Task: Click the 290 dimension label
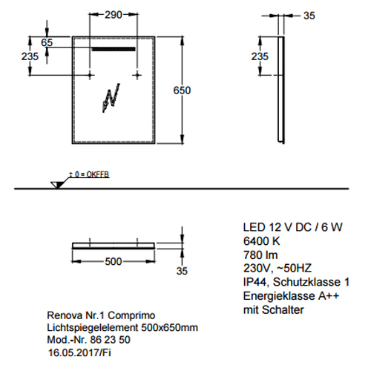(x=114, y=15)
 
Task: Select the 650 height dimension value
(x=182, y=91)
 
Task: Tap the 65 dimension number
(x=47, y=42)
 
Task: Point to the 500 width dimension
(x=114, y=261)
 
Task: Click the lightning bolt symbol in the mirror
(x=111, y=98)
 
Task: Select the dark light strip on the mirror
(x=114, y=49)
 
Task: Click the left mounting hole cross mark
(x=91, y=75)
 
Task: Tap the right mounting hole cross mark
(x=137, y=75)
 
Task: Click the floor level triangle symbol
(x=57, y=185)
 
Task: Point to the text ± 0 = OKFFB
(x=89, y=174)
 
